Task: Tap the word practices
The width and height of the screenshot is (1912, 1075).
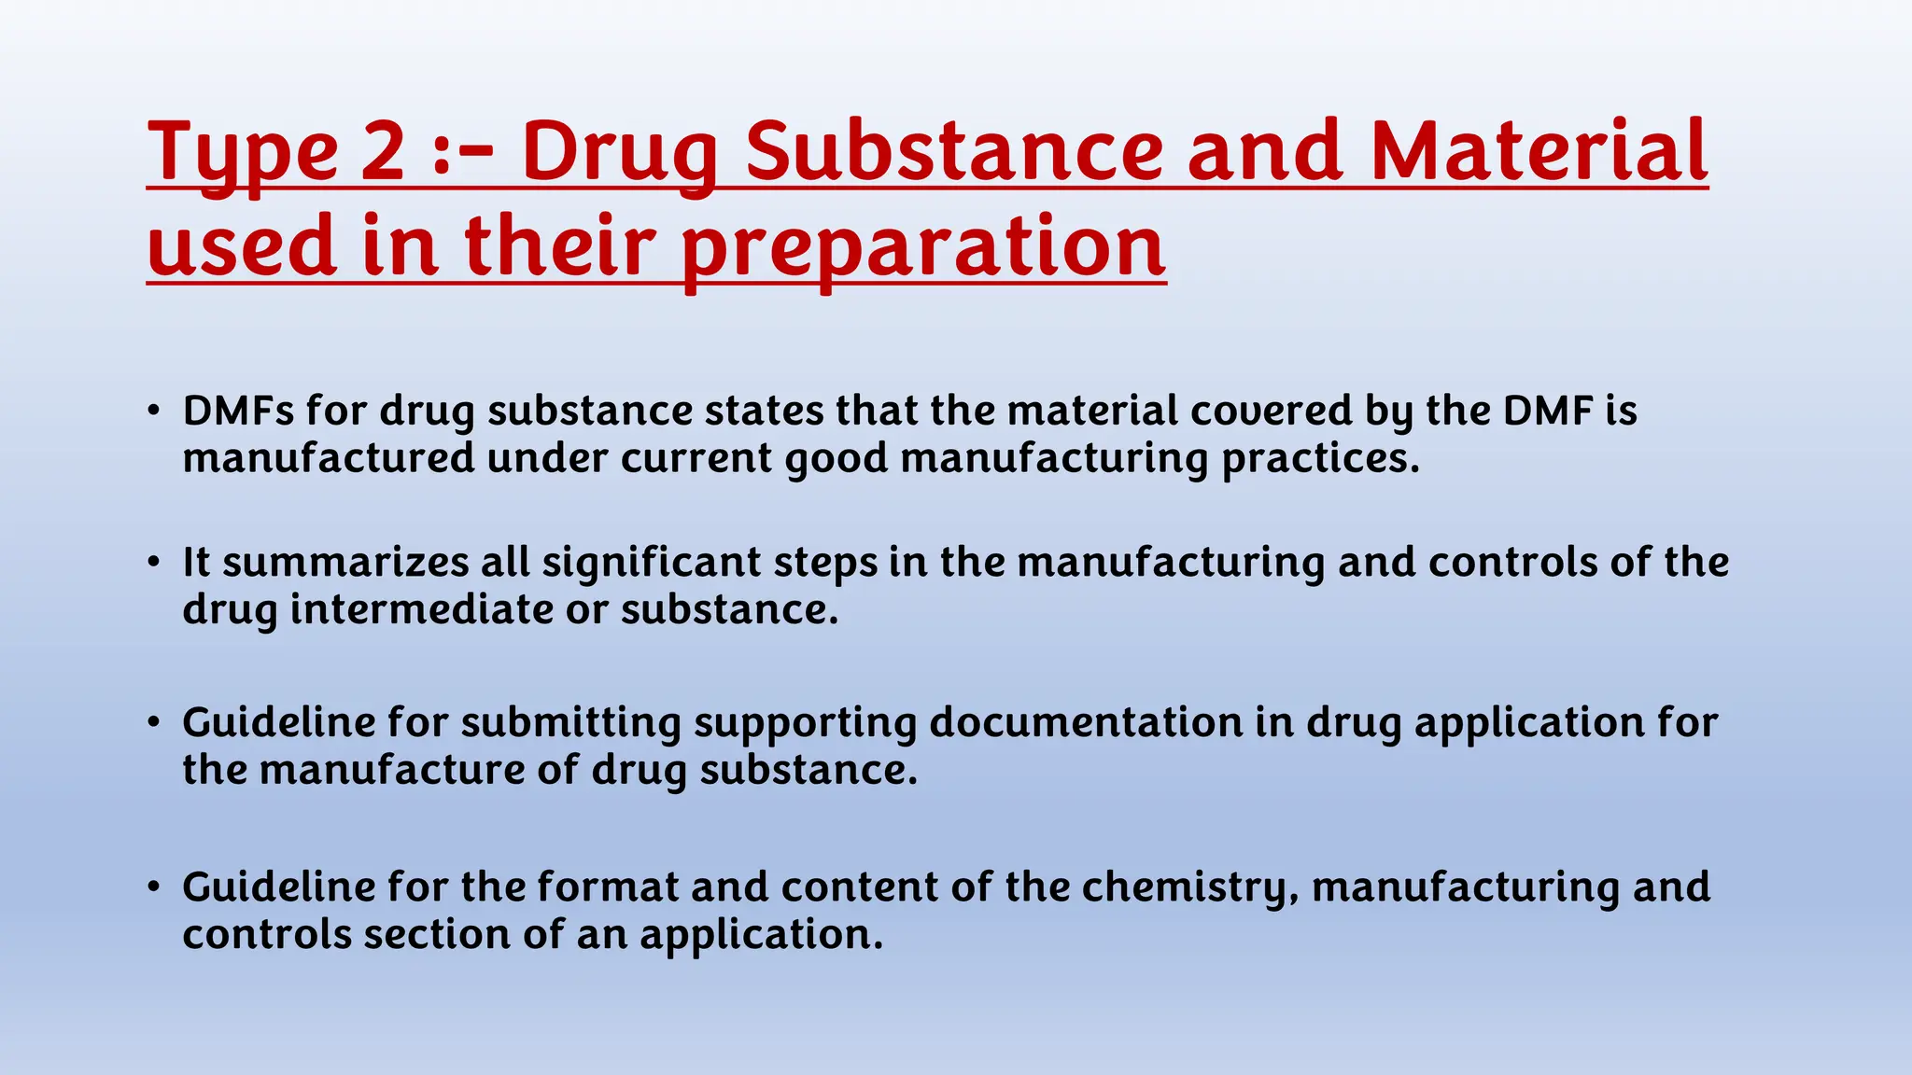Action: tap(1320, 459)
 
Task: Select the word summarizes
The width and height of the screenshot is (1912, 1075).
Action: tap(345, 562)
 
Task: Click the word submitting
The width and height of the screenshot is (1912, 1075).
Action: tap(570, 724)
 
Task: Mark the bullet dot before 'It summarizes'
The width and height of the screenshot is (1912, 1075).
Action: tap(154, 563)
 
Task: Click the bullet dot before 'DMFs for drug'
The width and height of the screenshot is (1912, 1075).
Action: tap(154, 412)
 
